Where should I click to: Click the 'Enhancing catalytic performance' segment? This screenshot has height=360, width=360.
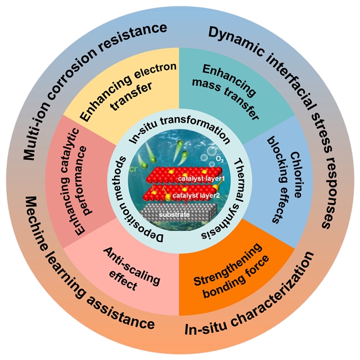click(x=82, y=180)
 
